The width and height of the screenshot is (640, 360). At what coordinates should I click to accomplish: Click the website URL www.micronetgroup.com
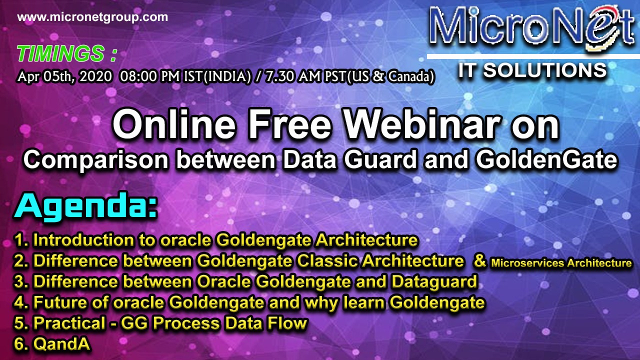92,17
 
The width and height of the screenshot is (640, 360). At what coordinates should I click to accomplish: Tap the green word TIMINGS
60,53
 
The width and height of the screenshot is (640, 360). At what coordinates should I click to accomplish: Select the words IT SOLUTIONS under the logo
532,70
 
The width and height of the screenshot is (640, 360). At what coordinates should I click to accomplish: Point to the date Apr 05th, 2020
64,76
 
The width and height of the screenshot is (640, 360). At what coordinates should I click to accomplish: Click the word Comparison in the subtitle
96,160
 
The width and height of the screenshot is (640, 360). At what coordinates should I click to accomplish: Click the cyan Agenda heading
85,205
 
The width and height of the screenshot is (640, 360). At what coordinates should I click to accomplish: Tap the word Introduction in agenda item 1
83,240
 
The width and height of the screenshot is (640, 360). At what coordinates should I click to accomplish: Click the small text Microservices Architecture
561,263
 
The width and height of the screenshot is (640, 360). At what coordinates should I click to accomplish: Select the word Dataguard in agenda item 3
434,282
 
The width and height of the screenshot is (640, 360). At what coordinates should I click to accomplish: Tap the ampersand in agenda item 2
480,261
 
